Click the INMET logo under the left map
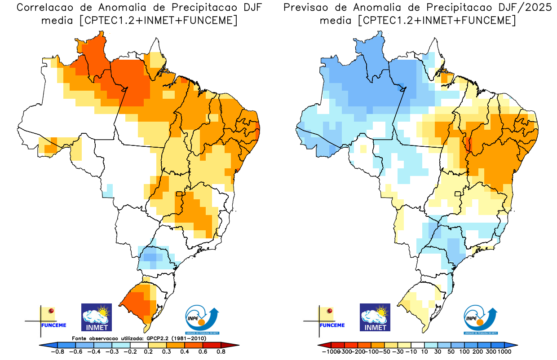pos(96,317)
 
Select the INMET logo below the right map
pos(375,317)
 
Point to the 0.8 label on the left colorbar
pos(221,352)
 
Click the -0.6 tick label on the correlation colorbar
pos(77,352)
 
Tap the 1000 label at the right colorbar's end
pos(504,352)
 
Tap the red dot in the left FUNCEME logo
pos(51,311)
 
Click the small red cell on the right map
pos(469,145)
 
